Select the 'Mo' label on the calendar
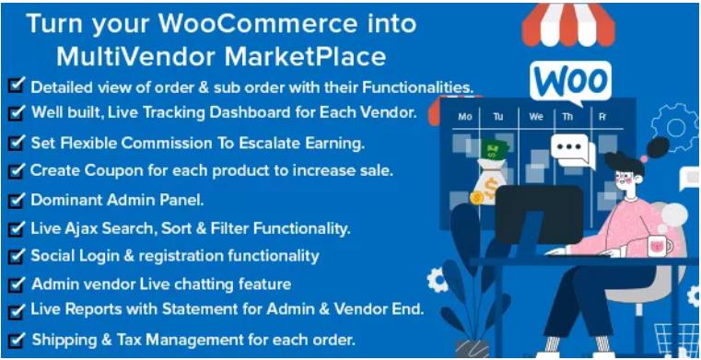[x=465, y=117]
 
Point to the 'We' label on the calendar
[x=536, y=117]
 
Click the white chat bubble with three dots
[x=573, y=149]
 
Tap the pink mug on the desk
[x=657, y=246]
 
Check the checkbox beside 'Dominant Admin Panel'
[x=15, y=199]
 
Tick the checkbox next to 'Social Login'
[x=15, y=255]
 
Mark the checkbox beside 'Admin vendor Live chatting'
[x=15, y=284]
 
